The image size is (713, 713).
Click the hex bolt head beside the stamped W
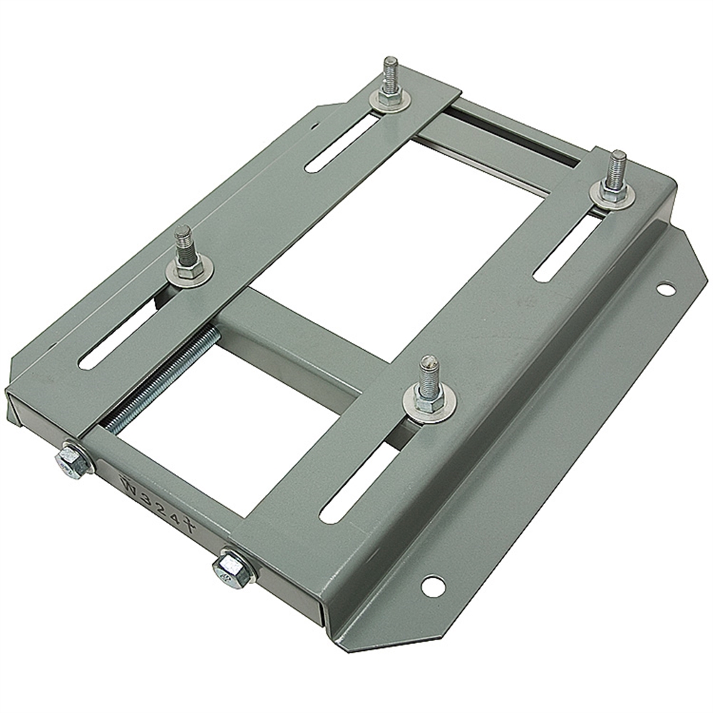click(x=73, y=461)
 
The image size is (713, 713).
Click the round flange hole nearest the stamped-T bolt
click(x=432, y=586)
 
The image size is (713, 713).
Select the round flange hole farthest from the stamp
click(x=665, y=289)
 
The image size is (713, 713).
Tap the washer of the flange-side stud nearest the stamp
click(x=428, y=406)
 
